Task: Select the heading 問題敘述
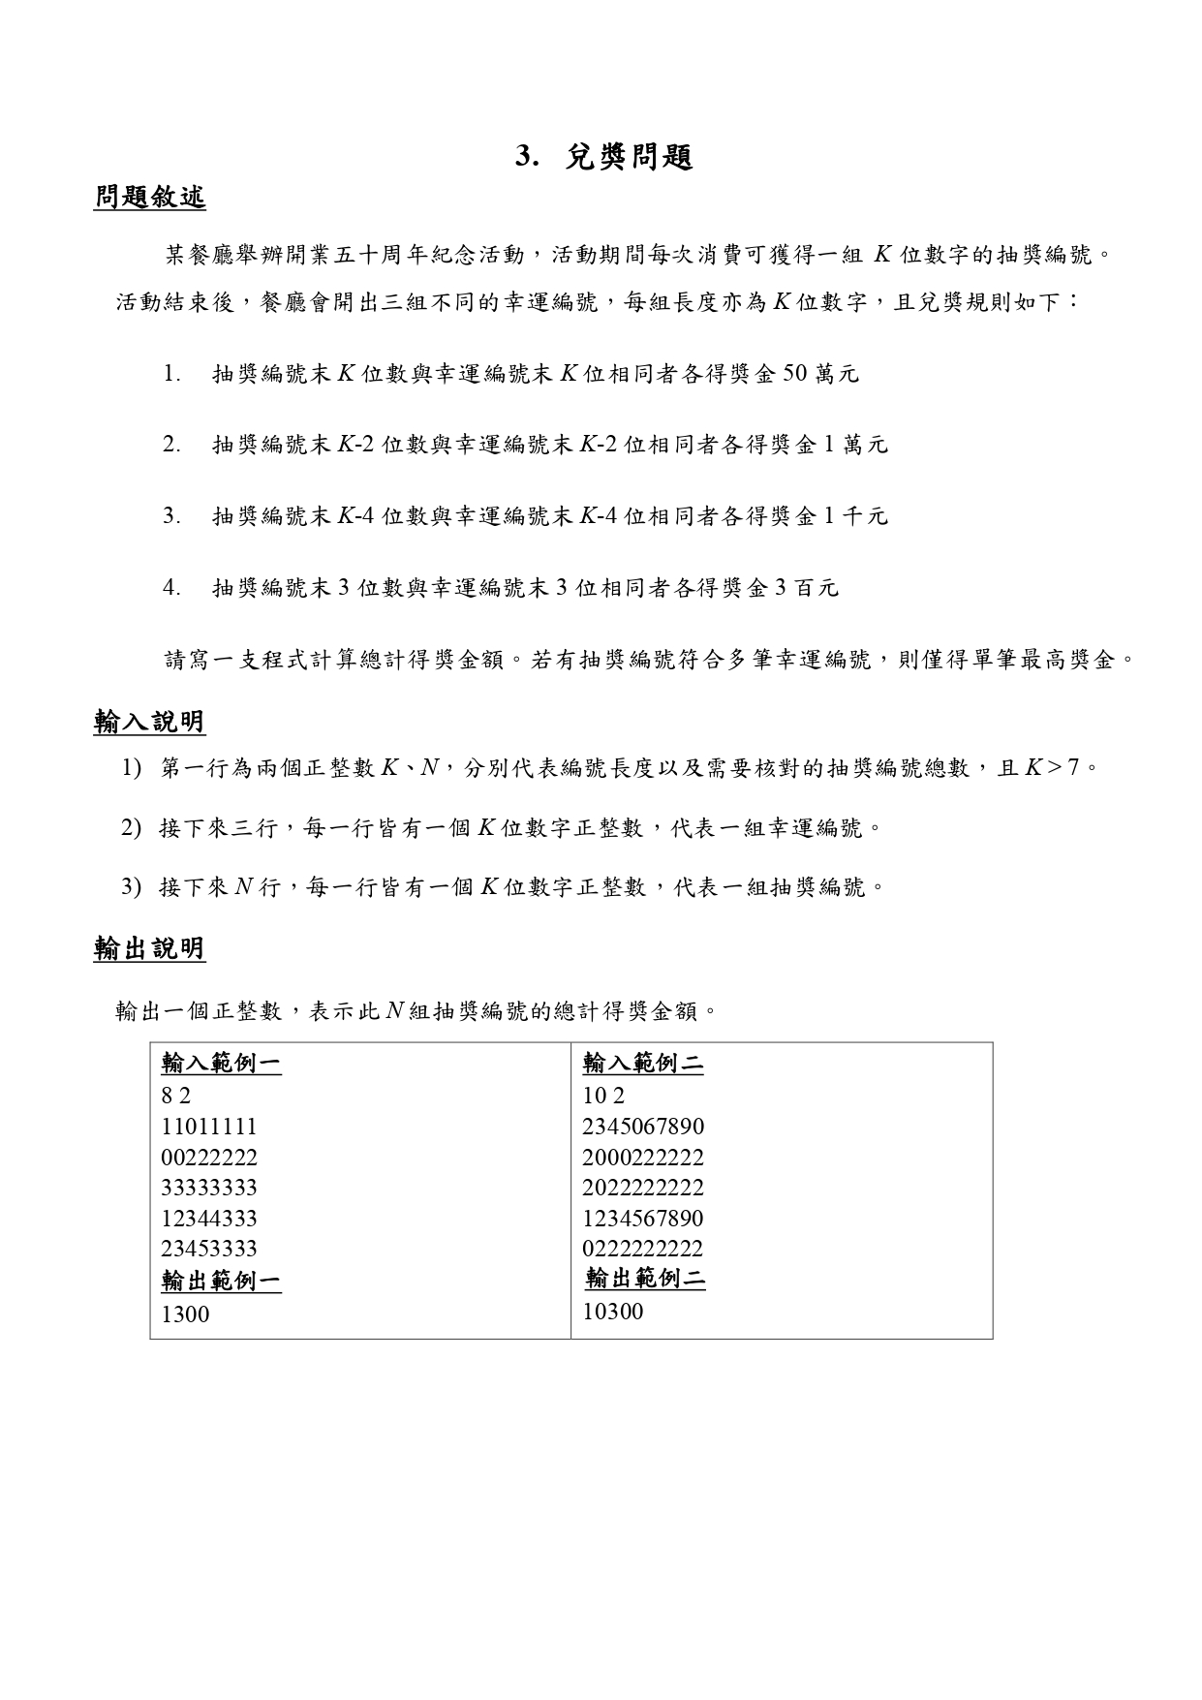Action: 149,198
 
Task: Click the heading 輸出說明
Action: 149,948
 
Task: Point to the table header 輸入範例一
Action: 221,1064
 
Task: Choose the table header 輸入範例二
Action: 642,1064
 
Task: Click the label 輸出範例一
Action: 221,1281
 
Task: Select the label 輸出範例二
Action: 645,1279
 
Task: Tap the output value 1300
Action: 185,1314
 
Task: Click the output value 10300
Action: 612,1312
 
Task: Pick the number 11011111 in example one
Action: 209,1127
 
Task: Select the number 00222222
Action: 209,1158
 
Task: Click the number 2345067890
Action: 643,1127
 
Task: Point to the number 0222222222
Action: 643,1249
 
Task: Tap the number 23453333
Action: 209,1249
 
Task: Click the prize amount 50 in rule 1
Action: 793,374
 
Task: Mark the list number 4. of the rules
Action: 171,588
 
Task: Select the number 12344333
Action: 209,1218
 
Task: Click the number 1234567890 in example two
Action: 643,1218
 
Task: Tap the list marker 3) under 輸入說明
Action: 132,886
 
